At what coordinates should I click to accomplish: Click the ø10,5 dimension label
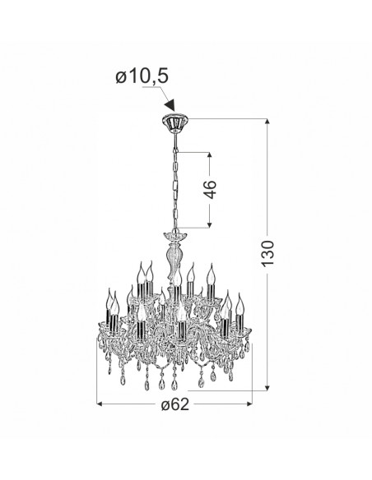[142, 76]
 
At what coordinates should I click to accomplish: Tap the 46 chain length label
[210, 190]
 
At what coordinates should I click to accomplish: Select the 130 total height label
[267, 253]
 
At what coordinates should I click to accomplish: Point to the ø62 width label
[175, 404]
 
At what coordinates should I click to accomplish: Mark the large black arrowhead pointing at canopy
[170, 105]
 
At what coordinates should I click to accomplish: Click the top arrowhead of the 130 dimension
[267, 122]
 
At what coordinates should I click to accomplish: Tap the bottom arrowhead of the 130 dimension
[267, 388]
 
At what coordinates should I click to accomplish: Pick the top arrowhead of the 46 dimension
[210, 155]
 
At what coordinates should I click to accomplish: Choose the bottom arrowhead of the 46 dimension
[210, 224]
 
